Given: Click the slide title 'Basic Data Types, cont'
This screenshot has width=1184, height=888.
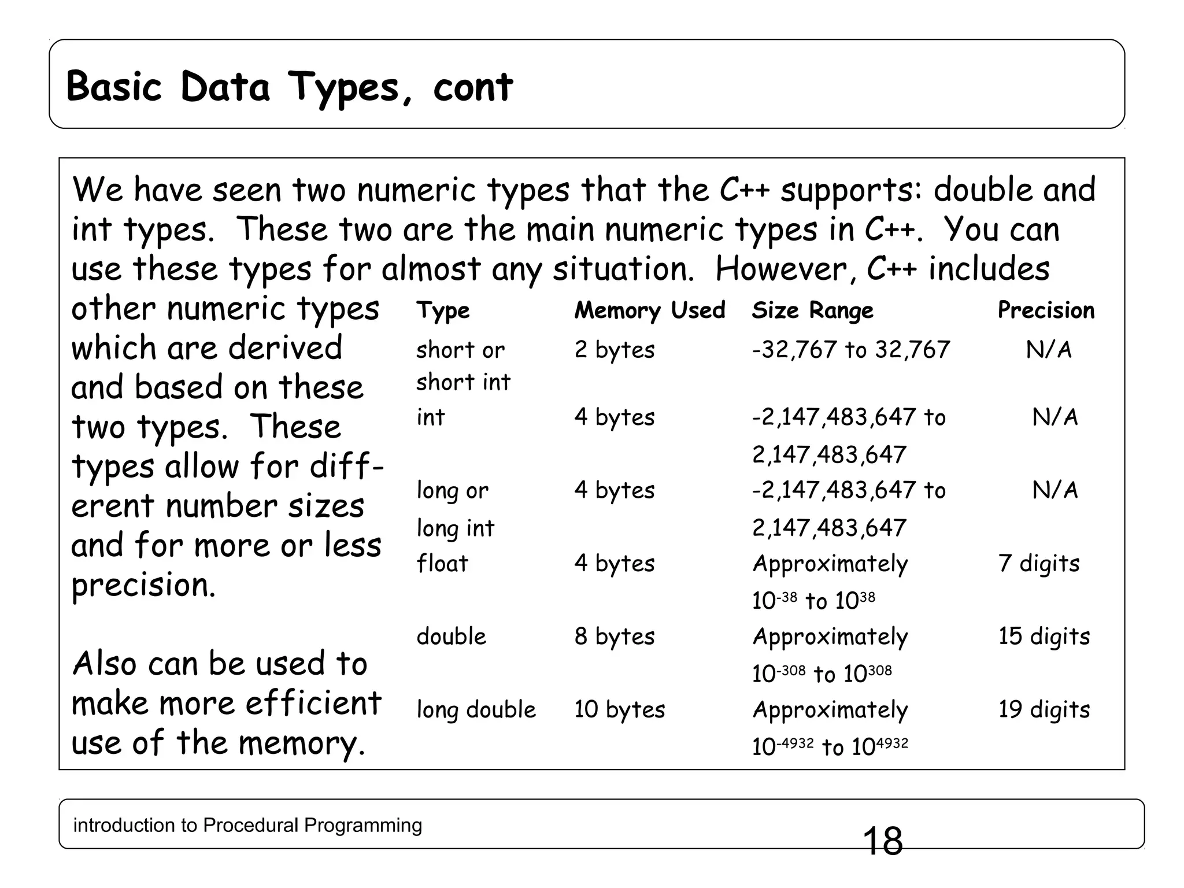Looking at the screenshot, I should [289, 87].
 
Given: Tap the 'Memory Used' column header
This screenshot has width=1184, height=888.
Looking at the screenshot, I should [649, 310].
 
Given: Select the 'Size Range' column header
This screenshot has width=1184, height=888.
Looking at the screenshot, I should [812, 310].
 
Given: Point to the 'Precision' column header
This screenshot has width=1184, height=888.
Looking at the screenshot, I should [1046, 310].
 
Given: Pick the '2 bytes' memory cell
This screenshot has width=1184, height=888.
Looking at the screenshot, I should [614, 350].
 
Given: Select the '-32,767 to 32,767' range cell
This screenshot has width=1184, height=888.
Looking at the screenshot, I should [850, 350].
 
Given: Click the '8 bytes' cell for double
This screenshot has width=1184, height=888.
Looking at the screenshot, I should [614, 637].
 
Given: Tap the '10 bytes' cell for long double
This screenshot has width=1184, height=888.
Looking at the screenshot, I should [619, 709].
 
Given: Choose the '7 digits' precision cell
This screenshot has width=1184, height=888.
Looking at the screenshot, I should [1038, 563].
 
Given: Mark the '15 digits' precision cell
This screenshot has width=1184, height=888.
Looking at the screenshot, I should [1044, 637].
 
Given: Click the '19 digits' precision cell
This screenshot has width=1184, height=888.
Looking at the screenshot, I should [1044, 709].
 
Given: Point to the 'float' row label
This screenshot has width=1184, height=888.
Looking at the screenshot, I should [442, 563].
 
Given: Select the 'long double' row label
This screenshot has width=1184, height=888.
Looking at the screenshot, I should [476, 710].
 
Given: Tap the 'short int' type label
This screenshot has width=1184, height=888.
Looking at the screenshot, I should [463, 382].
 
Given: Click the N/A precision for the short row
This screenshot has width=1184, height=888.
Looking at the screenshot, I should [1048, 350].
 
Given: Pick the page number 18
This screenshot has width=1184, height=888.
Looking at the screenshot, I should [882, 841].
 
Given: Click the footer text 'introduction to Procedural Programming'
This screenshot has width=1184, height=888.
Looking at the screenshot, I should [247, 825].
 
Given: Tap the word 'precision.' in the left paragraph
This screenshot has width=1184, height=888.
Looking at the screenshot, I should [143, 585].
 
